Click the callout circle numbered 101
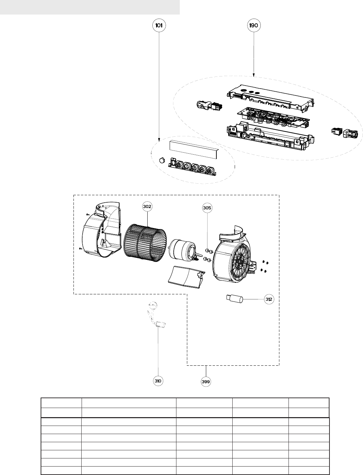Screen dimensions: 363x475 pyautogui.click(x=159, y=25)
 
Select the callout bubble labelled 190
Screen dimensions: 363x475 pyautogui.click(x=254, y=25)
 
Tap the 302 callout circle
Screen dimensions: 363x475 pyautogui.click(x=147, y=206)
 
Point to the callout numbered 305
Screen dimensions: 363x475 pyautogui.click(x=207, y=208)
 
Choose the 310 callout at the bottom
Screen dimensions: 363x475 pyautogui.click(x=158, y=381)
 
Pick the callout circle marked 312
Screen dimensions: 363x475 pyautogui.click(x=269, y=299)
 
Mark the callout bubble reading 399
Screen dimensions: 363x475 pyautogui.click(x=206, y=382)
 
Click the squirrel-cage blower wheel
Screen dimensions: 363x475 pyautogui.click(x=145, y=244)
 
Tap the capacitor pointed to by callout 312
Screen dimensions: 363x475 pyautogui.click(x=235, y=299)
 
